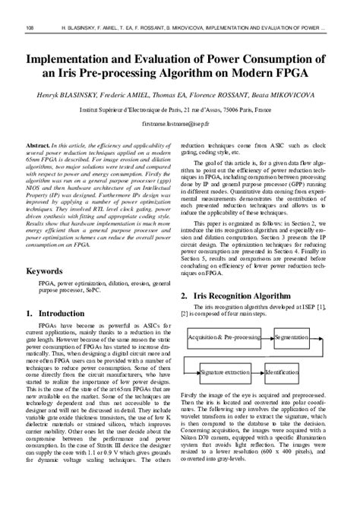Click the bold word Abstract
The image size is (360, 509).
(x=39, y=144)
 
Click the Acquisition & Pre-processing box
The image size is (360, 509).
(x=223, y=336)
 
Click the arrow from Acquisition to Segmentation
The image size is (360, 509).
(x=267, y=336)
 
